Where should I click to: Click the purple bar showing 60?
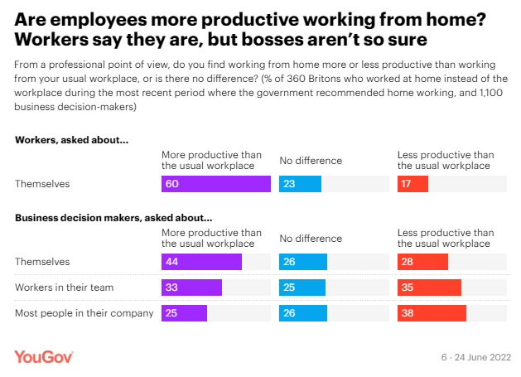215,184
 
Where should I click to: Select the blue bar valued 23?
297,184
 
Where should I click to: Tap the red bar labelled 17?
412,184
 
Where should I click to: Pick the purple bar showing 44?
201,262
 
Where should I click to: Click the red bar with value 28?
422,262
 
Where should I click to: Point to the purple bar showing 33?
191,288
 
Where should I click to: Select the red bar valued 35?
429,288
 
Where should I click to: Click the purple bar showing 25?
184,313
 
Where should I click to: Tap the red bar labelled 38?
432,313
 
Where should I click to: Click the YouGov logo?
44,356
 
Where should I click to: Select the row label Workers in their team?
64,288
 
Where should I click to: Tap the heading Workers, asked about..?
71,140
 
